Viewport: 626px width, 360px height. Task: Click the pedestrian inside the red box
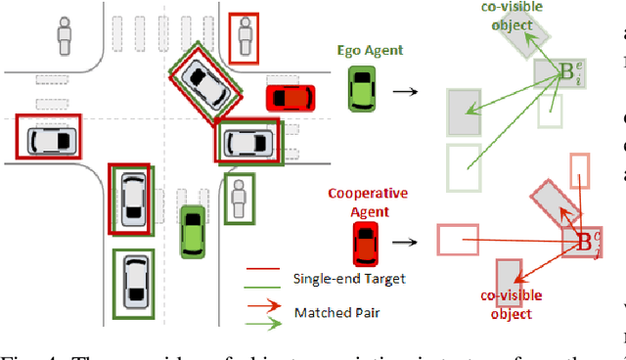[244, 39]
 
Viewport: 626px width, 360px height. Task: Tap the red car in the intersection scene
[291, 98]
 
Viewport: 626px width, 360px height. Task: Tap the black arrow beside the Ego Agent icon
[403, 92]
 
